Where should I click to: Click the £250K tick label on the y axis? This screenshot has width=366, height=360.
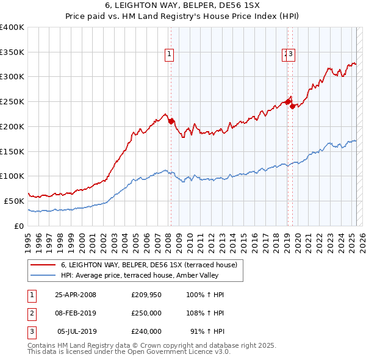12,101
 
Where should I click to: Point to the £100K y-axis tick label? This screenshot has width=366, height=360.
12,176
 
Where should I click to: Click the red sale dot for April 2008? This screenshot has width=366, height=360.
171,120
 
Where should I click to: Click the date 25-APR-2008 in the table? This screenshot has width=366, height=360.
76,295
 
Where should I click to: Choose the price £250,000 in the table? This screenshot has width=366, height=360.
146,313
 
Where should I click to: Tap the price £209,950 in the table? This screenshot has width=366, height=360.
146,295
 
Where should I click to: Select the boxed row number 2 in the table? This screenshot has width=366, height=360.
30,313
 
